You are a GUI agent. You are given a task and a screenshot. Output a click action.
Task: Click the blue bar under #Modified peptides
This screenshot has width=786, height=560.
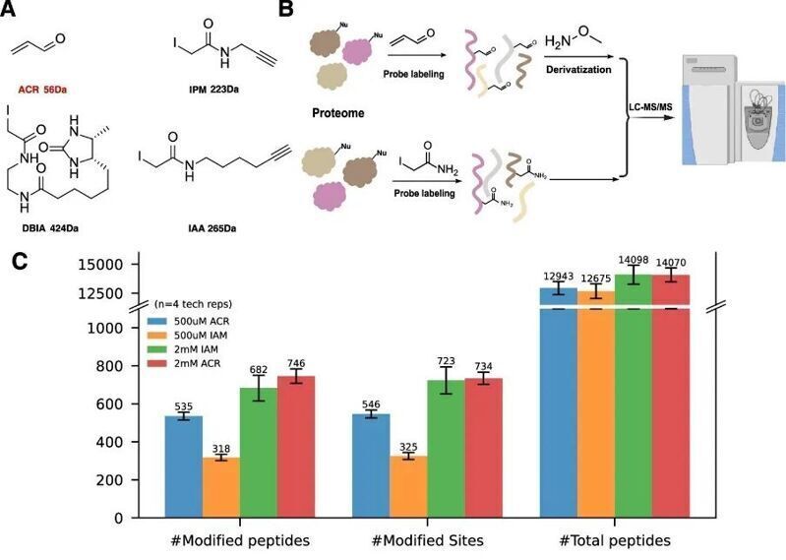[183, 467]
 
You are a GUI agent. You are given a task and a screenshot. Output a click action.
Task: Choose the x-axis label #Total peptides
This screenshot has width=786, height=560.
[615, 542]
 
